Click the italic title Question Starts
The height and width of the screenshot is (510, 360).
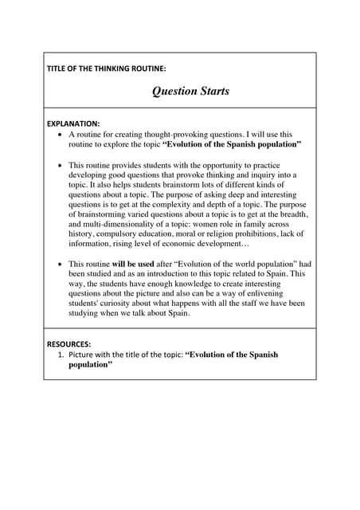(x=190, y=91)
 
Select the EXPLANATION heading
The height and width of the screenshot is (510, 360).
(x=73, y=124)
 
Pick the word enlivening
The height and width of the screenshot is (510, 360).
(x=280, y=293)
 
